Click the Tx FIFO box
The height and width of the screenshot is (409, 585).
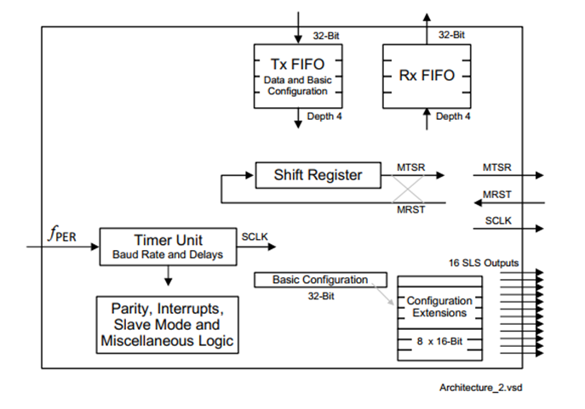click(298, 76)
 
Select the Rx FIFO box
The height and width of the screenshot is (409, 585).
click(427, 76)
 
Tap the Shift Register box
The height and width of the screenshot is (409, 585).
click(317, 175)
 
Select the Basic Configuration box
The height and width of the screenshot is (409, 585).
click(320, 280)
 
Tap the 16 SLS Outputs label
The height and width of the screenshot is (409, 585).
click(483, 262)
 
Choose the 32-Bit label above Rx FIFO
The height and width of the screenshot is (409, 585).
click(452, 35)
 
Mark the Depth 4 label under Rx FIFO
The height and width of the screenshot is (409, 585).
click(453, 116)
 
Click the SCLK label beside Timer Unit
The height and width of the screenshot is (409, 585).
click(255, 236)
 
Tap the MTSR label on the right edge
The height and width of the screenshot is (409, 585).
click(496, 168)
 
